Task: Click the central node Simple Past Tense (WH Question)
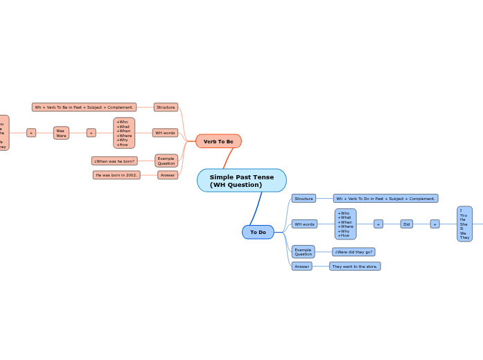point(241,181)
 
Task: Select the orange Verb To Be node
point(218,141)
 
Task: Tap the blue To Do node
point(258,232)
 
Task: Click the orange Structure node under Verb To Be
point(166,107)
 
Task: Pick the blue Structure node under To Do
point(304,199)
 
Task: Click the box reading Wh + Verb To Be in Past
point(84,107)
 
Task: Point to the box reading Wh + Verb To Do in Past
point(385,199)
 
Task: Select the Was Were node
point(61,133)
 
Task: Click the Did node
point(407,224)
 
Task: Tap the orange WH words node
point(165,133)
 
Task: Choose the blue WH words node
point(304,224)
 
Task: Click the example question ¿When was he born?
point(114,161)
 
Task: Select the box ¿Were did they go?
point(353,252)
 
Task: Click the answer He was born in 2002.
point(116,175)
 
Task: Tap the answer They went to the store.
point(355,266)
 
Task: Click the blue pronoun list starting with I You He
point(464,224)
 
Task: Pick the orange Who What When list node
point(124,133)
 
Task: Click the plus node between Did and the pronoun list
point(434,224)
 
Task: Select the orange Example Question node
point(166,161)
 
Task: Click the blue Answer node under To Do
point(301,266)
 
